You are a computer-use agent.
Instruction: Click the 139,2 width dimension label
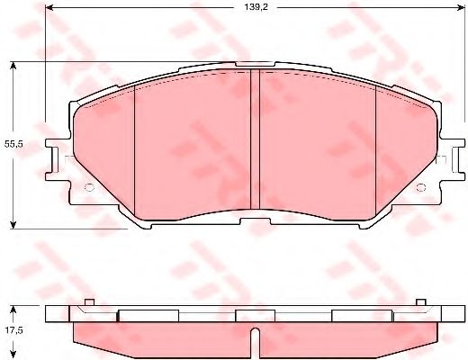[x=256, y=7]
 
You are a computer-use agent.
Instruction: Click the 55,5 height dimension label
[x=13, y=144]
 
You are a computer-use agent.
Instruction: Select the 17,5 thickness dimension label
[x=13, y=330]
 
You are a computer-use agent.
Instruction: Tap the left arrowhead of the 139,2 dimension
[x=49, y=8]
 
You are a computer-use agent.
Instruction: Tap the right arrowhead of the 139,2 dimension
[x=460, y=8]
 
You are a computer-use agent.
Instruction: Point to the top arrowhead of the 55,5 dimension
[x=13, y=66]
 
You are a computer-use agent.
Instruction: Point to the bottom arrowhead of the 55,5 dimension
[x=13, y=225]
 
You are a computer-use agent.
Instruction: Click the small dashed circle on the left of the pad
[x=89, y=187]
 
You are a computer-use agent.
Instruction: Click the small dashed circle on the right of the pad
[x=421, y=187]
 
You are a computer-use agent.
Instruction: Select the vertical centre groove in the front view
[x=255, y=139]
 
